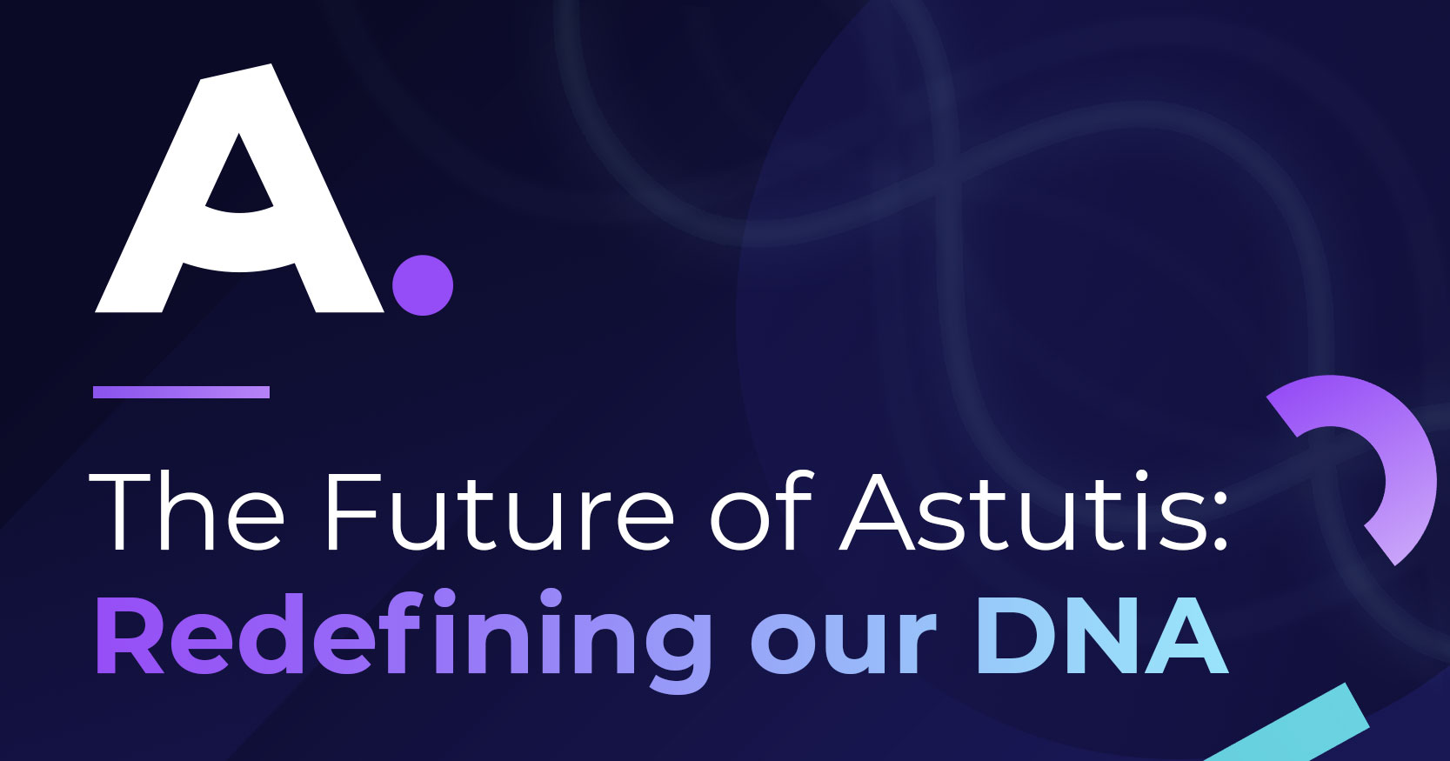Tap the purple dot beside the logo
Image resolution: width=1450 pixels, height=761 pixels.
(x=423, y=285)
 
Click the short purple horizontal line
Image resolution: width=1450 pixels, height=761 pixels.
(x=181, y=392)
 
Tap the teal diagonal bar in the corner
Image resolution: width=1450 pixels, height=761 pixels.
(x=1288, y=724)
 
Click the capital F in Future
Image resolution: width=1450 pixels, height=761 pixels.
(x=353, y=511)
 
